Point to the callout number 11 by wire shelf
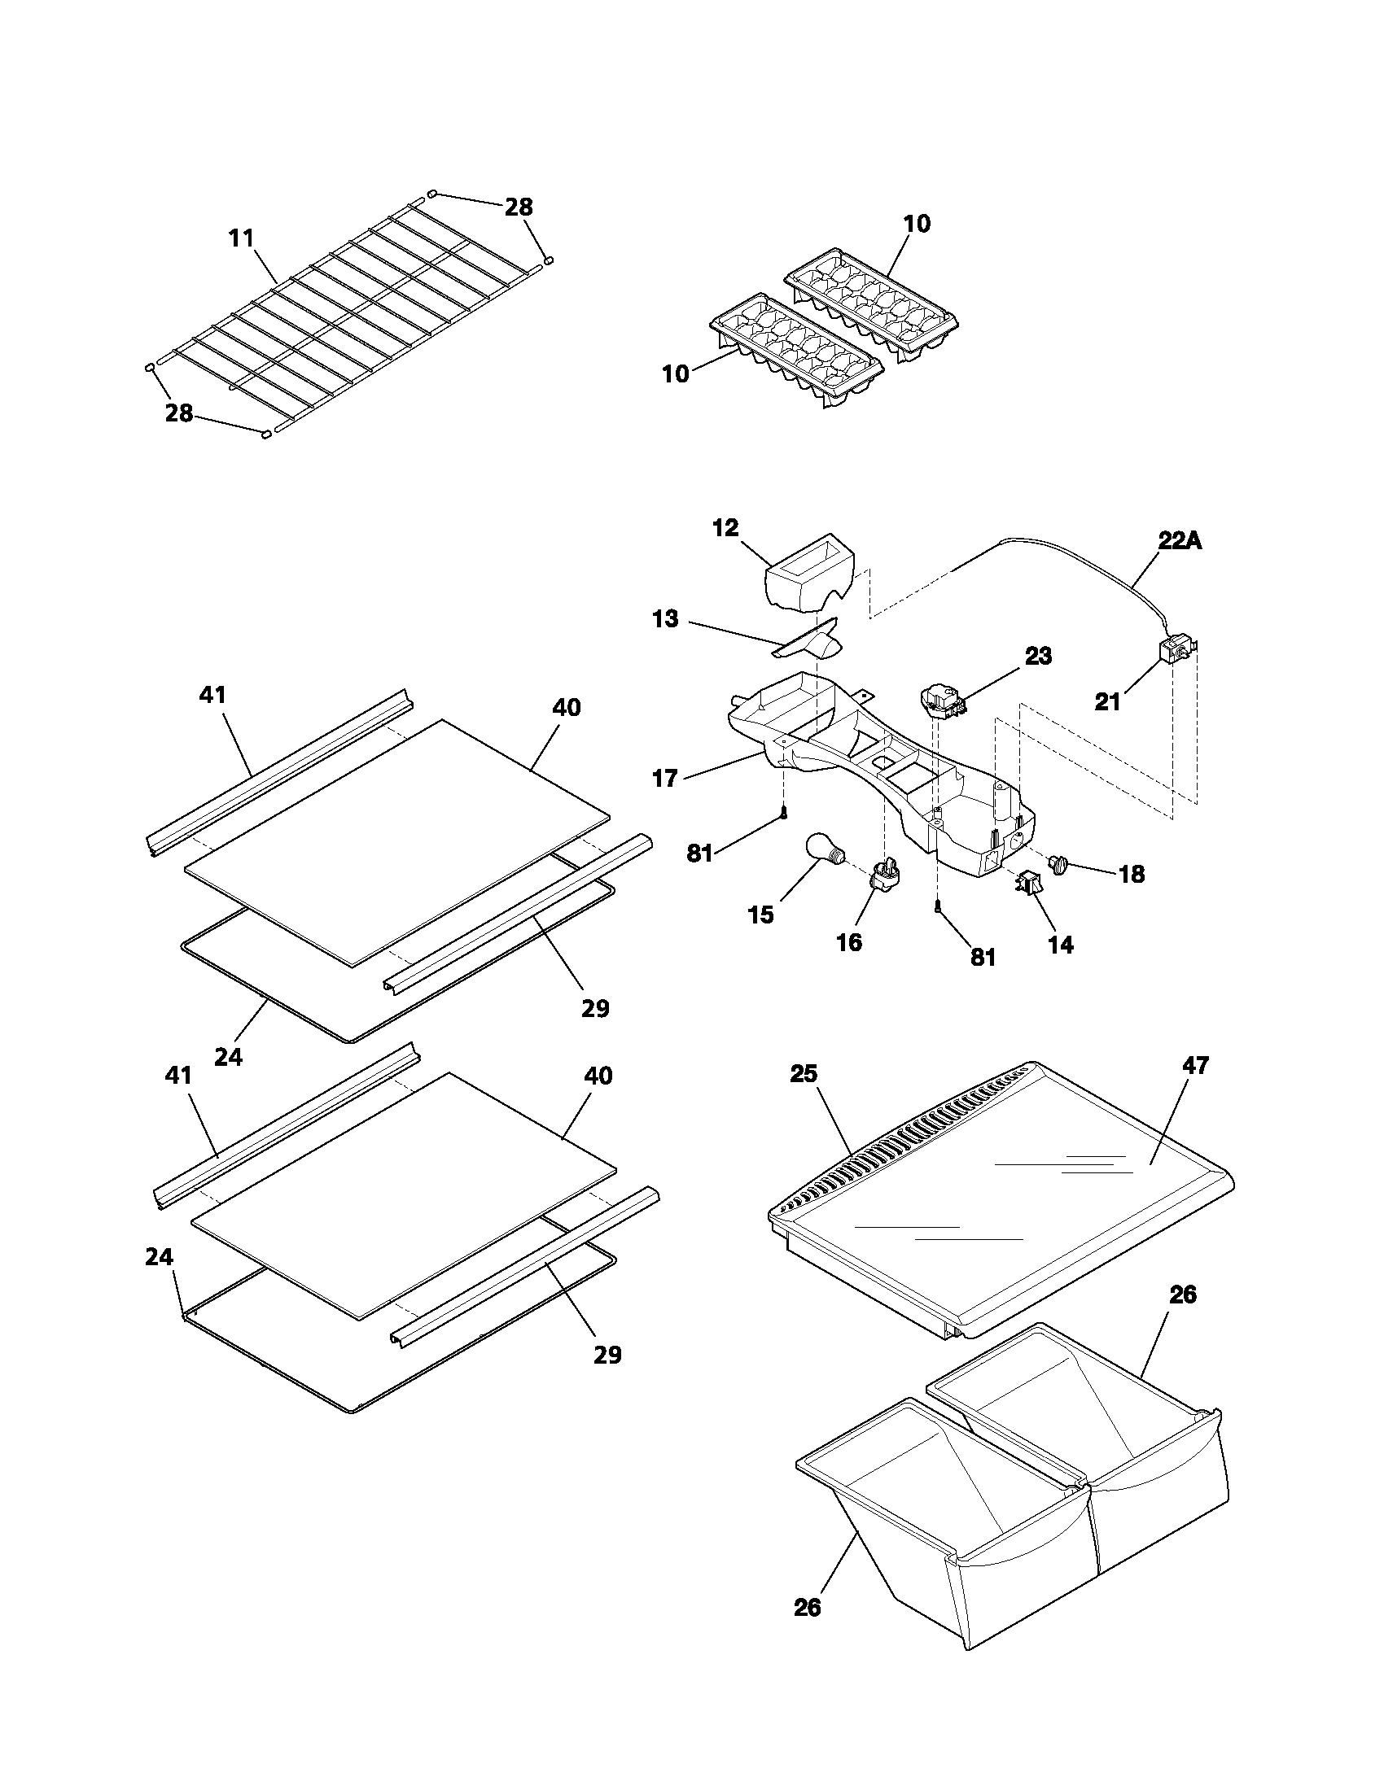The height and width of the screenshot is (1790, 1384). tap(241, 238)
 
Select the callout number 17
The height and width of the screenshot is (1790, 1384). tap(665, 778)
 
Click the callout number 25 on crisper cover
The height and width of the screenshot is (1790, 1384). tap(804, 1074)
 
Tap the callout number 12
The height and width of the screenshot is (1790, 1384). tap(725, 527)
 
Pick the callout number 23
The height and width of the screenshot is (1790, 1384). tap(1038, 657)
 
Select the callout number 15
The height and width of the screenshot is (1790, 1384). tap(761, 915)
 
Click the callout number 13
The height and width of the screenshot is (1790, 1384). tap(665, 619)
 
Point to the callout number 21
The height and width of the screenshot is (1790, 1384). tap(1108, 702)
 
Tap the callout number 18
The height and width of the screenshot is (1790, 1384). tap(1132, 875)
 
